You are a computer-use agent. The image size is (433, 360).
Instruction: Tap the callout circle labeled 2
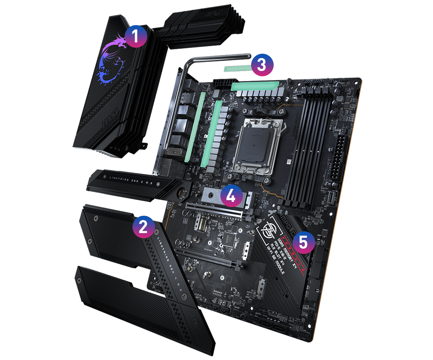point(144,226)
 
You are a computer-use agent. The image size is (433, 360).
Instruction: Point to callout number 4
point(231,196)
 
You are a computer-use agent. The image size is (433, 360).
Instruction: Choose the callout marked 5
point(303,242)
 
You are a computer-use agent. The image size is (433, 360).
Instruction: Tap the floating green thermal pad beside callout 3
point(238,68)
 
